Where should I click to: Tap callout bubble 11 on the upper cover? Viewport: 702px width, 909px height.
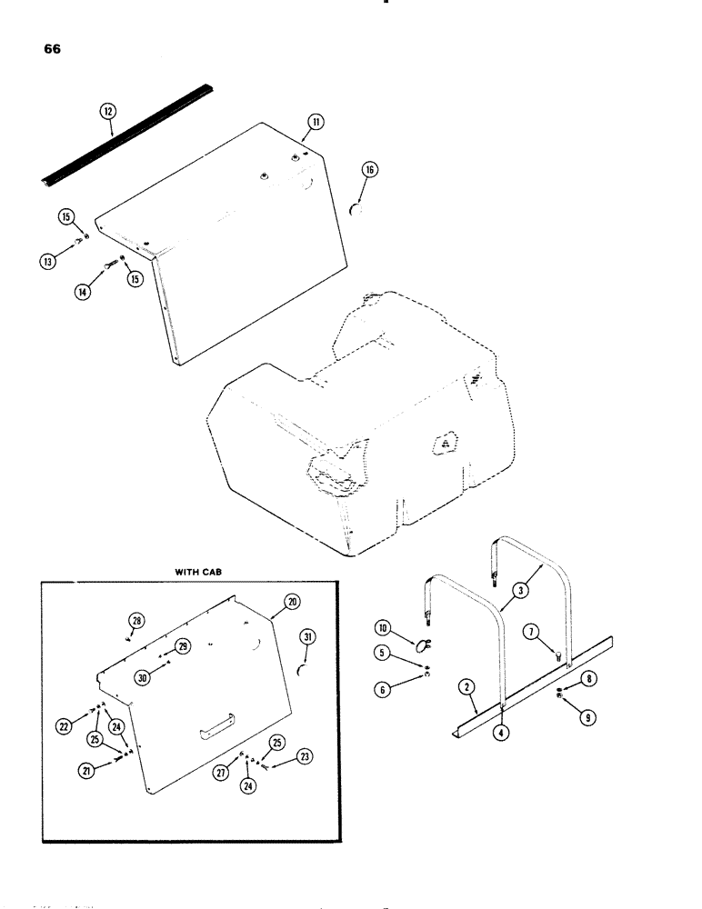[x=315, y=121]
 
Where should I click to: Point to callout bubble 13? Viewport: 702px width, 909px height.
[x=46, y=262]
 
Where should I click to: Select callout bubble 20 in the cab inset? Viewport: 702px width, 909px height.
[x=291, y=602]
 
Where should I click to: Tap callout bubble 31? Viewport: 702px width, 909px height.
[x=307, y=638]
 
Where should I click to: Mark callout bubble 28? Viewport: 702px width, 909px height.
[x=135, y=620]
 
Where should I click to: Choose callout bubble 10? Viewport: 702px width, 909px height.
[x=382, y=628]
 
